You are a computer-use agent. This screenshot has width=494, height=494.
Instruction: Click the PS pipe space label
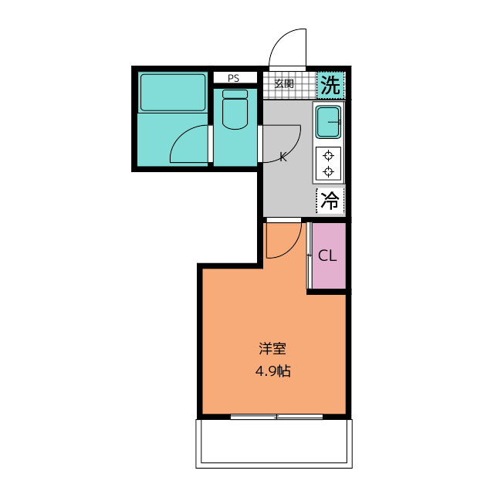click(233, 78)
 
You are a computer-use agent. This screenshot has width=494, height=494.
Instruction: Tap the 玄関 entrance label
click(284, 83)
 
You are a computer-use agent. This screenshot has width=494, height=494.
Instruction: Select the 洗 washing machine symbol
click(330, 85)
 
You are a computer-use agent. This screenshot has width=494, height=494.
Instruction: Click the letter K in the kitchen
click(283, 157)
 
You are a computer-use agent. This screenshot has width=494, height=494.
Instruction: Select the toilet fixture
click(235, 111)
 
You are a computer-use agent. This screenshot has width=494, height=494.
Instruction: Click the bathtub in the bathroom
click(173, 93)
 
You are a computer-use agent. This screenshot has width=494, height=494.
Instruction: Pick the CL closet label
click(327, 256)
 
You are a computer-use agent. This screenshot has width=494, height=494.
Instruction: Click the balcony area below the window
click(275, 444)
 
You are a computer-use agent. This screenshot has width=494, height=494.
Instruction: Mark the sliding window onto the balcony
click(276, 417)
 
